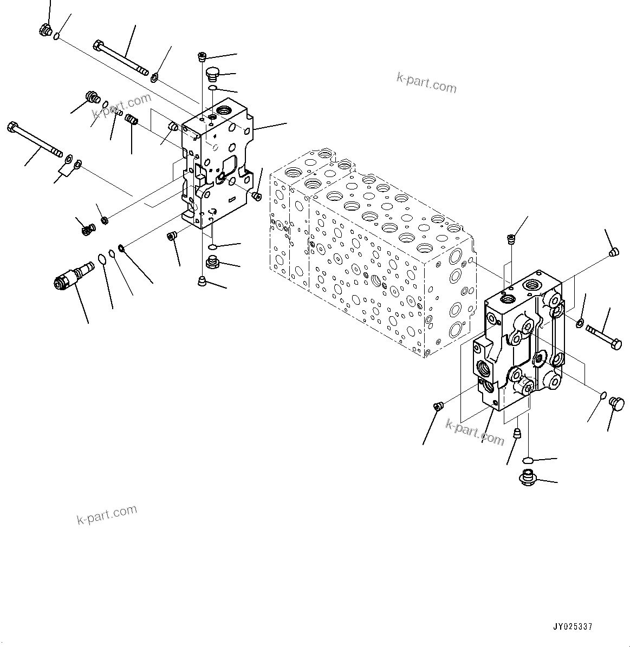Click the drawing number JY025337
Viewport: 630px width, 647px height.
coord(572,626)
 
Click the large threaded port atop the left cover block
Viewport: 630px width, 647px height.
coord(222,110)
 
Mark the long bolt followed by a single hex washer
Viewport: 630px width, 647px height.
coord(121,57)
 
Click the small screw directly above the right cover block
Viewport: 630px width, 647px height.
coord(510,238)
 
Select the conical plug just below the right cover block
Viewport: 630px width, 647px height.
coord(517,433)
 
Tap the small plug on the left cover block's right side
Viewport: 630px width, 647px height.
coord(257,195)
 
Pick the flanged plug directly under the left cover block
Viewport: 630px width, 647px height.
coord(212,264)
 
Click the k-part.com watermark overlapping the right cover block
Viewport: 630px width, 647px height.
coord(475,431)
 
